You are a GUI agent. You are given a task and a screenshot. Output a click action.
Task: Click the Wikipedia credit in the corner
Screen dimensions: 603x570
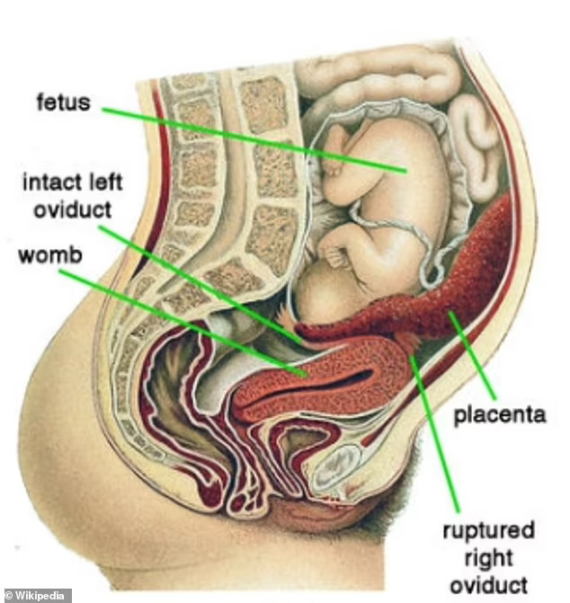pos(36,595)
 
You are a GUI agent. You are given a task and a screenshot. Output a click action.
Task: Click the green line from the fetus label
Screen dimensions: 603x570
pos(252,139)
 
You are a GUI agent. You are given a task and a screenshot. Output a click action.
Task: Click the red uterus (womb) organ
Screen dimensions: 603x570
pos(360,377)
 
